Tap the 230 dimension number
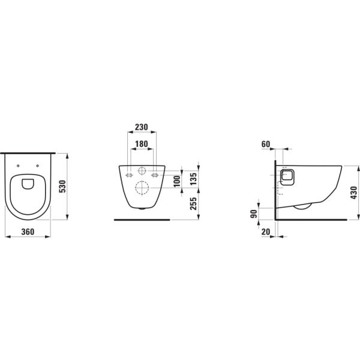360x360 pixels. (141, 128)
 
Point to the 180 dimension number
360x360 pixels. (141, 144)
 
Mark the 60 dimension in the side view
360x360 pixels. (267, 144)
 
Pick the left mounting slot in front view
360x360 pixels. (128, 175)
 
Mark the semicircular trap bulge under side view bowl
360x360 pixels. (301, 207)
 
